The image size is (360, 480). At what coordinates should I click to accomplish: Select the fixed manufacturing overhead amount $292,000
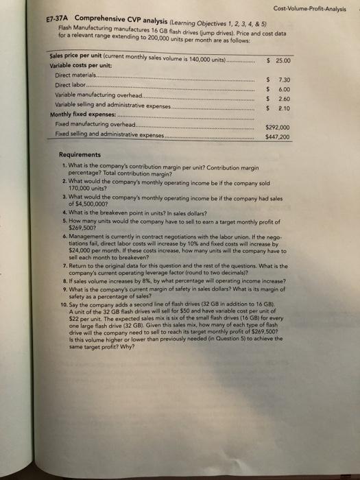[x=277, y=127]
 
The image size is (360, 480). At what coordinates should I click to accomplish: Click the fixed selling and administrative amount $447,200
[x=277, y=137]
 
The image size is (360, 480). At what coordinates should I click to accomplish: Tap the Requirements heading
[x=80, y=155]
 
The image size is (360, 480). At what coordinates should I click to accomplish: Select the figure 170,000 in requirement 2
[x=79, y=188]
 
